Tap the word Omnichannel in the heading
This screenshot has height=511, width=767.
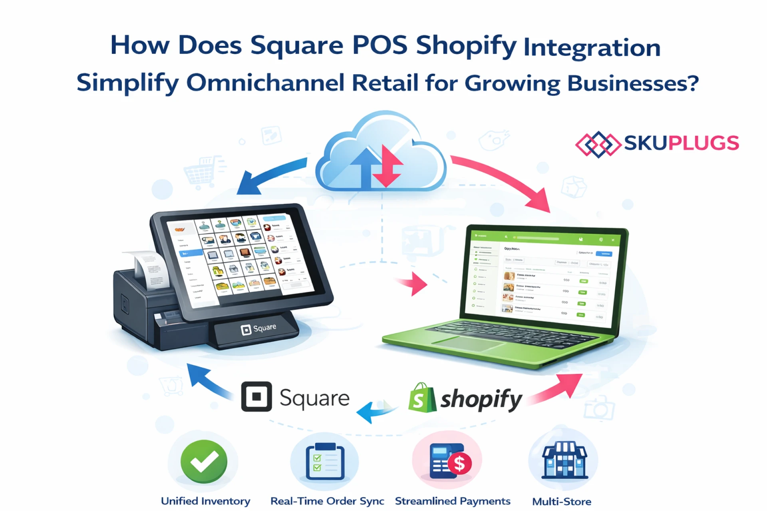tap(265, 83)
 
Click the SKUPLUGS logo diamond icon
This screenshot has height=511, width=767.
tap(598, 144)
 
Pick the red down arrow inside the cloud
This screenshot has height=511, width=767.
tap(387, 166)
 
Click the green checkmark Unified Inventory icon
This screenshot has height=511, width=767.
tap(204, 461)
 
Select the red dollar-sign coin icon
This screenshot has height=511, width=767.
tap(459, 464)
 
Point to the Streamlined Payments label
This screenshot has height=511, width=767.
tap(452, 501)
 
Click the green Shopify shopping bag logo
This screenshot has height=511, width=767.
tap(422, 398)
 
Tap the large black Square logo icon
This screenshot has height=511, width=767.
tap(256, 396)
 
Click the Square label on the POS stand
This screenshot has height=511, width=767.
tap(258, 329)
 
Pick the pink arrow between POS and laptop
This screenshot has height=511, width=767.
tap(413, 284)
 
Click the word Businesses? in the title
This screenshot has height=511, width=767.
tap(633, 83)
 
